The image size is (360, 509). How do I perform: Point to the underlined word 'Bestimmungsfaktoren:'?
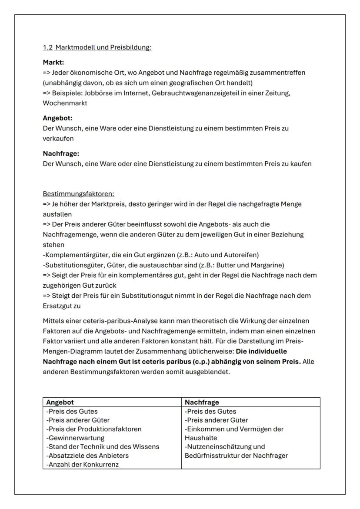coord(78,193)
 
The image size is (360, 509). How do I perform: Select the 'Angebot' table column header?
coord(60,403)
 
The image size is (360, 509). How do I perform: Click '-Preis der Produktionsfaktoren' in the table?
coord(93,429)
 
